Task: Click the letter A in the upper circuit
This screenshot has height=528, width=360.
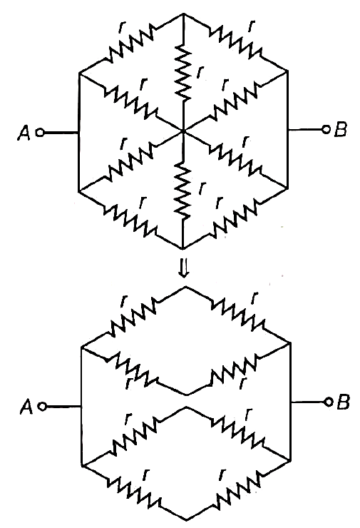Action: (24, 132)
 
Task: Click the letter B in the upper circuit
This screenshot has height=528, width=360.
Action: (341, 129)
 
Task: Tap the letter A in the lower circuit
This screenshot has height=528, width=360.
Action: (26, 407)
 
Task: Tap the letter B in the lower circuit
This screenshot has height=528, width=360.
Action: (343, 402)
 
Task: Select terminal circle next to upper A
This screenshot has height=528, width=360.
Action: (40, 133)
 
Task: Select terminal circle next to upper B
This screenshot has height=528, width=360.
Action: (325, 129)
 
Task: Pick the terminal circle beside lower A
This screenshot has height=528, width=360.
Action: (42, 407)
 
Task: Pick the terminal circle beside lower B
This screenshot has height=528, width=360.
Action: (328, 402)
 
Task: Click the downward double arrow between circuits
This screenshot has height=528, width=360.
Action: (183, 270)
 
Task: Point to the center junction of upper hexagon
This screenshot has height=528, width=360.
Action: (183, 131)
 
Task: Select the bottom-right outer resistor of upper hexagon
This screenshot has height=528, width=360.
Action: (235, 218)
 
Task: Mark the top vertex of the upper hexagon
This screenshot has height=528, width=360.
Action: (183, 14)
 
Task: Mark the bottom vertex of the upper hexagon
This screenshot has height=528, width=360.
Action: (182, 248)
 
